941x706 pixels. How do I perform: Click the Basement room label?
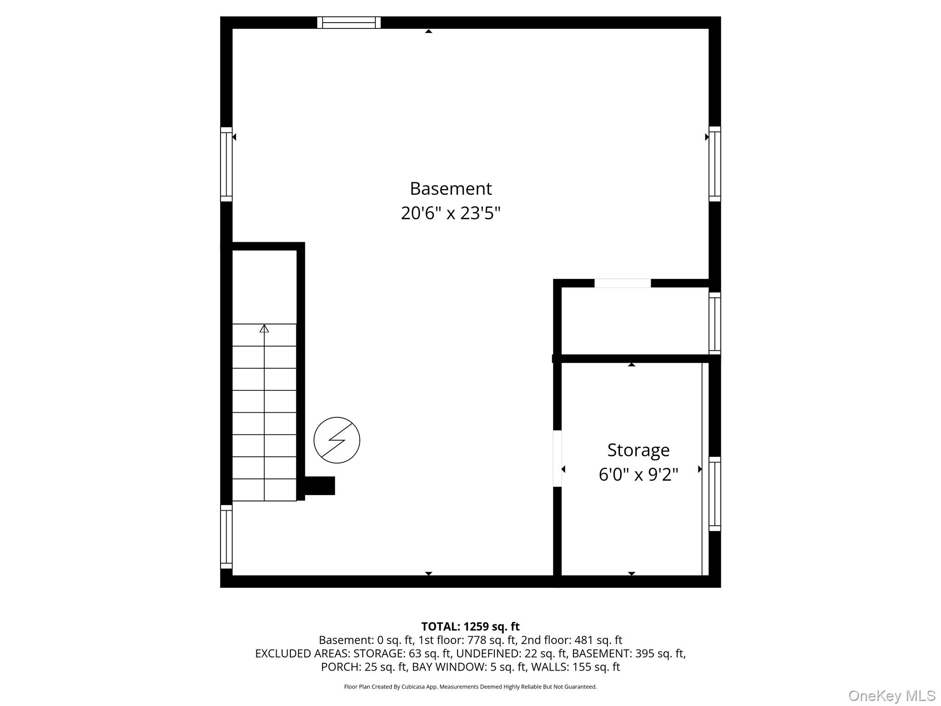[x=451, y=188]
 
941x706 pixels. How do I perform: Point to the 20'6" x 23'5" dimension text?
[x=451, y=213]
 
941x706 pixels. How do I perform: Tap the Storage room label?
[x=638, y=450]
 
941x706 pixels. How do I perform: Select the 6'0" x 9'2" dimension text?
[x=638, y=474]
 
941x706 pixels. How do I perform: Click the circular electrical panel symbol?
[x=337, y=440]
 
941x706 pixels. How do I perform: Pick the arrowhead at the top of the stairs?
[x=264, y=329]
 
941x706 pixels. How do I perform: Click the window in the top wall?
[x=349, y=23]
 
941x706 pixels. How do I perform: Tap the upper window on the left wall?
[x=226, y=164]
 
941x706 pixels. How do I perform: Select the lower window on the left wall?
[x=226, y=536]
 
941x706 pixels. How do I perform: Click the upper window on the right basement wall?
[x=714, y=164]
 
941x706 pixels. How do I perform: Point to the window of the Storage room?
[x=714, y=494]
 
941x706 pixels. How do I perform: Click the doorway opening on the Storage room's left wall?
[x=557, y=458]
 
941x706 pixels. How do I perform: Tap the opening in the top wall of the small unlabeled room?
[x=623, y=283]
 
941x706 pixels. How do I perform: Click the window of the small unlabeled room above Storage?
[x=714, y=323]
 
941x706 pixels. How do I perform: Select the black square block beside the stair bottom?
[x=320, y=486]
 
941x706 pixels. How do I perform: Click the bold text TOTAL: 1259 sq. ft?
[x=470, y=626]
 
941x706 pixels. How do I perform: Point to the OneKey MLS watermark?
[x=892, y=696]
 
